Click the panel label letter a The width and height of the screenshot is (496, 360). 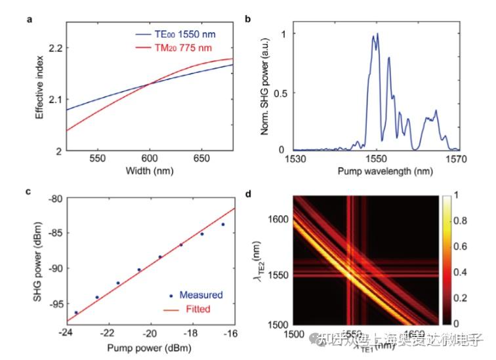click(29, 19)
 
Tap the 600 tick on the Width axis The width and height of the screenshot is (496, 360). click(149, 159)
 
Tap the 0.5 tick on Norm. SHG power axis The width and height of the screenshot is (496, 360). click(280, 92)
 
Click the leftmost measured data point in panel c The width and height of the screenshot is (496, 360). click(76, 313)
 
